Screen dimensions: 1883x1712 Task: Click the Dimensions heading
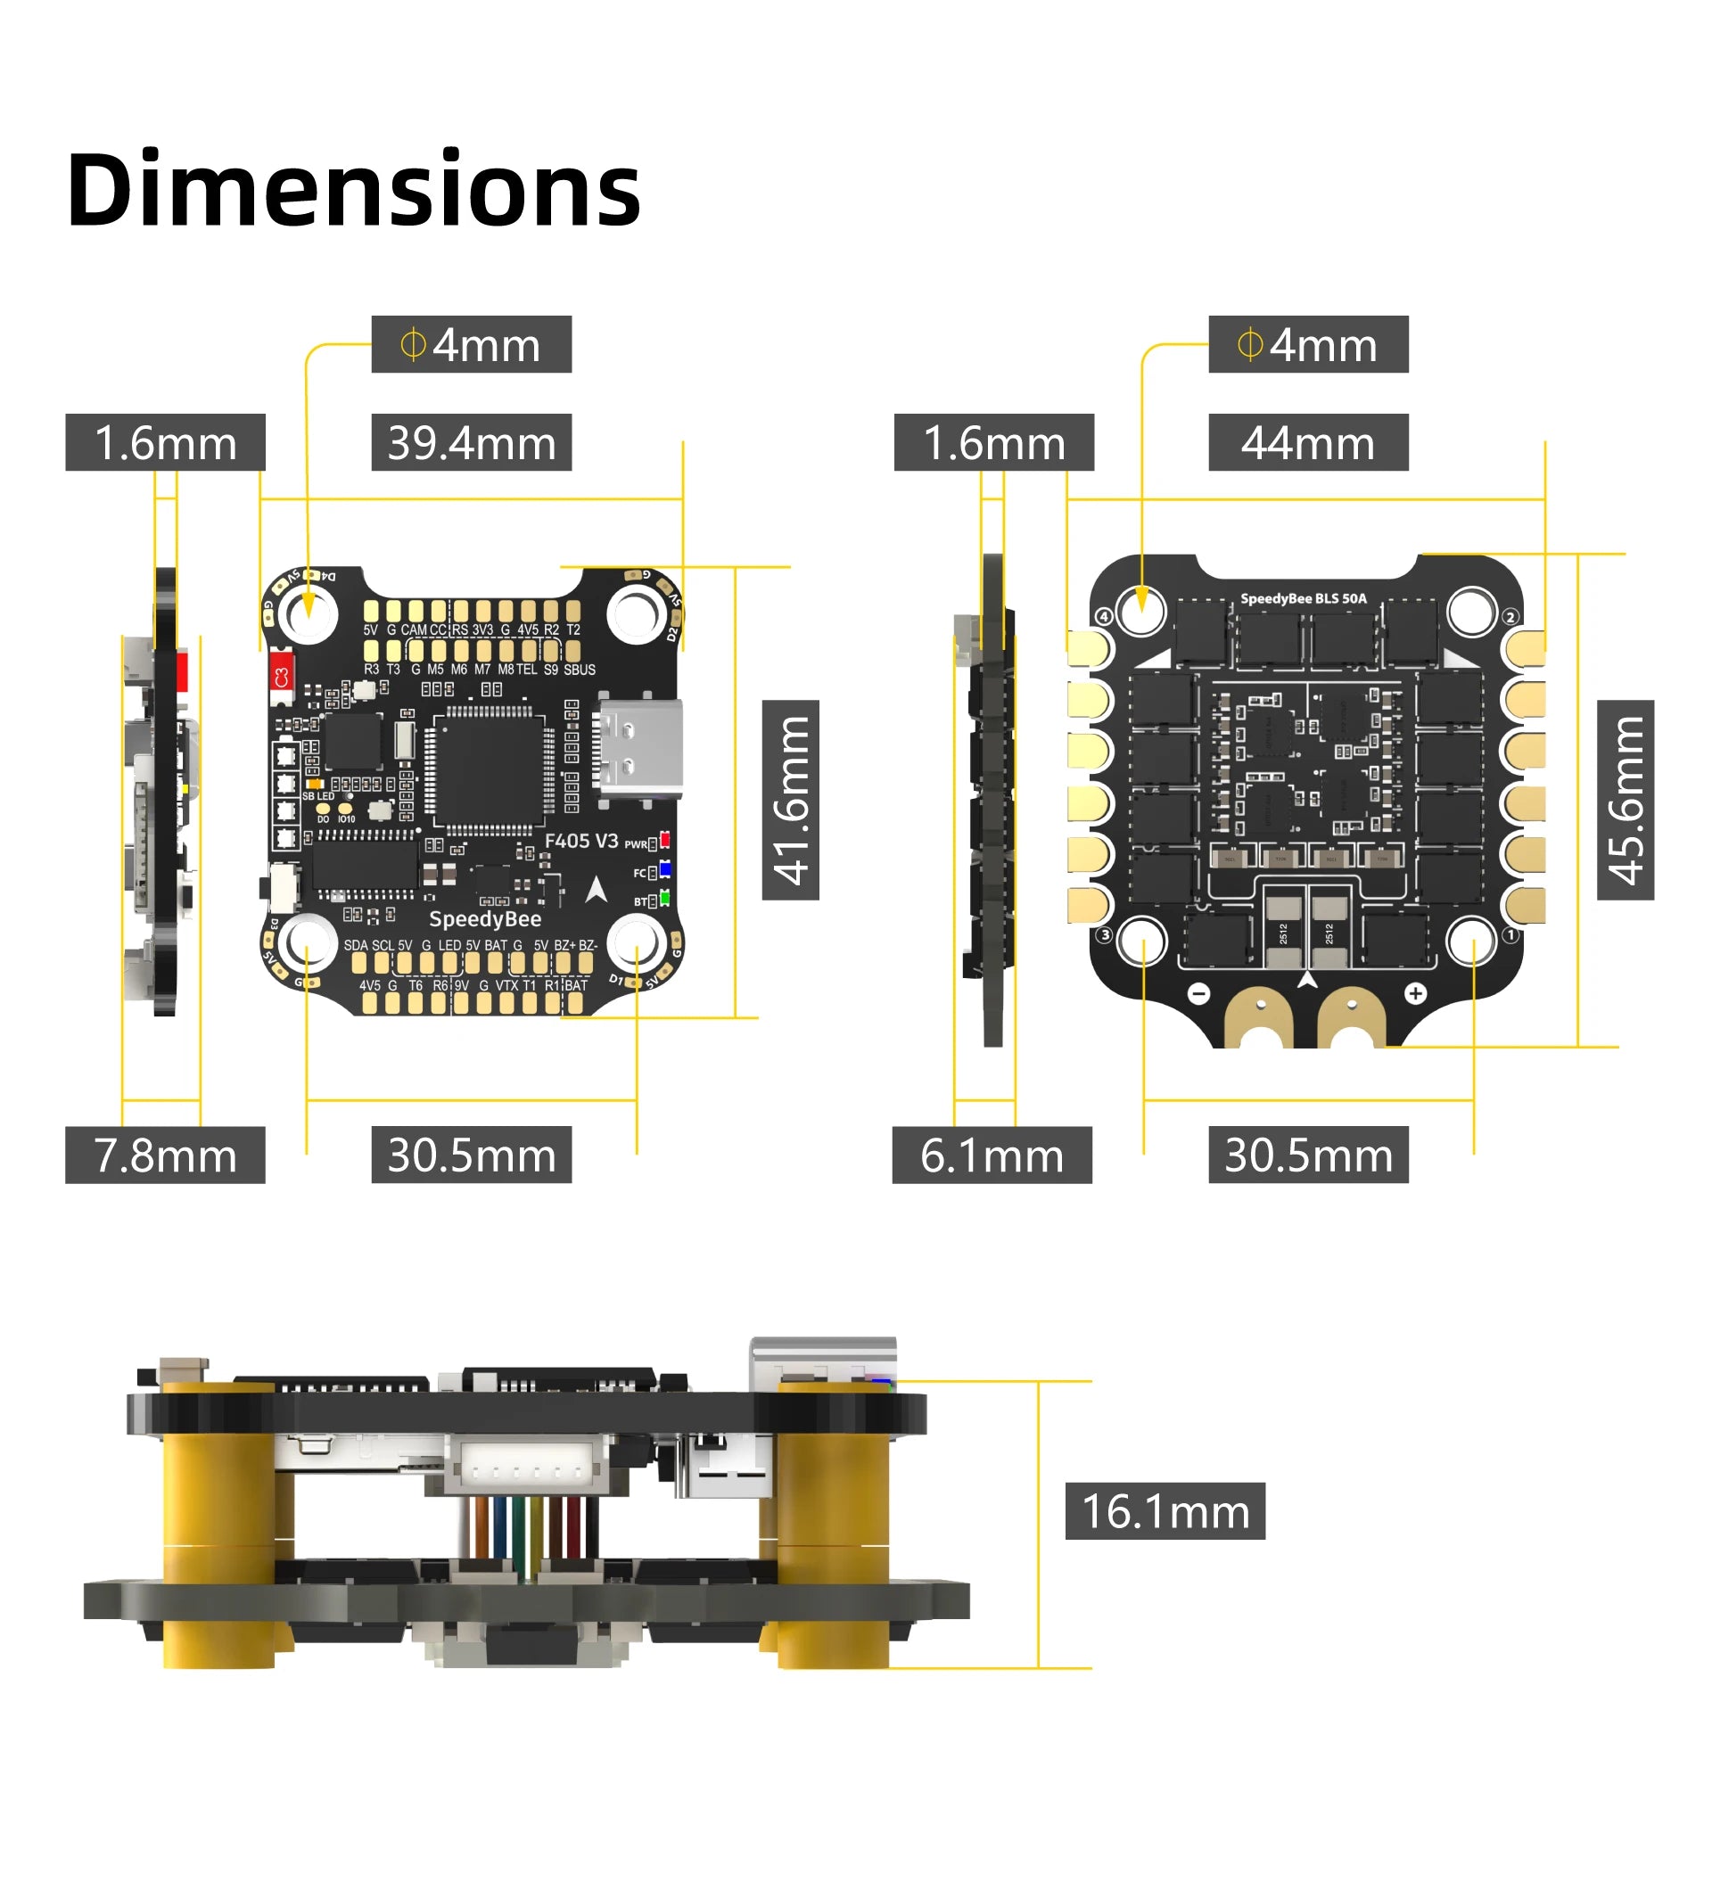(353, 190)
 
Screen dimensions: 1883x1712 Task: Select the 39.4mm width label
(471, 443)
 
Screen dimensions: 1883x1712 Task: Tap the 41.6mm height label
(790, 800)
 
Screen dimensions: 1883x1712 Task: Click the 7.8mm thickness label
(164, 1155)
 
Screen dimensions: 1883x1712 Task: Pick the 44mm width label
(1307, 443)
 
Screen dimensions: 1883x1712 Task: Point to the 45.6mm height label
(1625, 800)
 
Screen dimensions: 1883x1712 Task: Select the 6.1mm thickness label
(991, 1155)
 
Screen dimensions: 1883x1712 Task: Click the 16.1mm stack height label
(1165, 1511)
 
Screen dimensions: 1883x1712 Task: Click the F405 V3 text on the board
(581, 841)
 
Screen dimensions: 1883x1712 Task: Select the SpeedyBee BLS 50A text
(1303, 599)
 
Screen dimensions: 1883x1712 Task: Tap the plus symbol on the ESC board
(1415, 994)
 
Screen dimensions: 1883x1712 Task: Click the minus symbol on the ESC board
(1199, 994)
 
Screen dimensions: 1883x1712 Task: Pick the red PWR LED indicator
(665, 840)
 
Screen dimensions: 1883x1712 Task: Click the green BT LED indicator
(665, 899)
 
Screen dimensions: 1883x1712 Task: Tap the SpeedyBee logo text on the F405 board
(485, 919)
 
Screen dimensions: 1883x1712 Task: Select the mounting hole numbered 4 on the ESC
(1141, 613)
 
